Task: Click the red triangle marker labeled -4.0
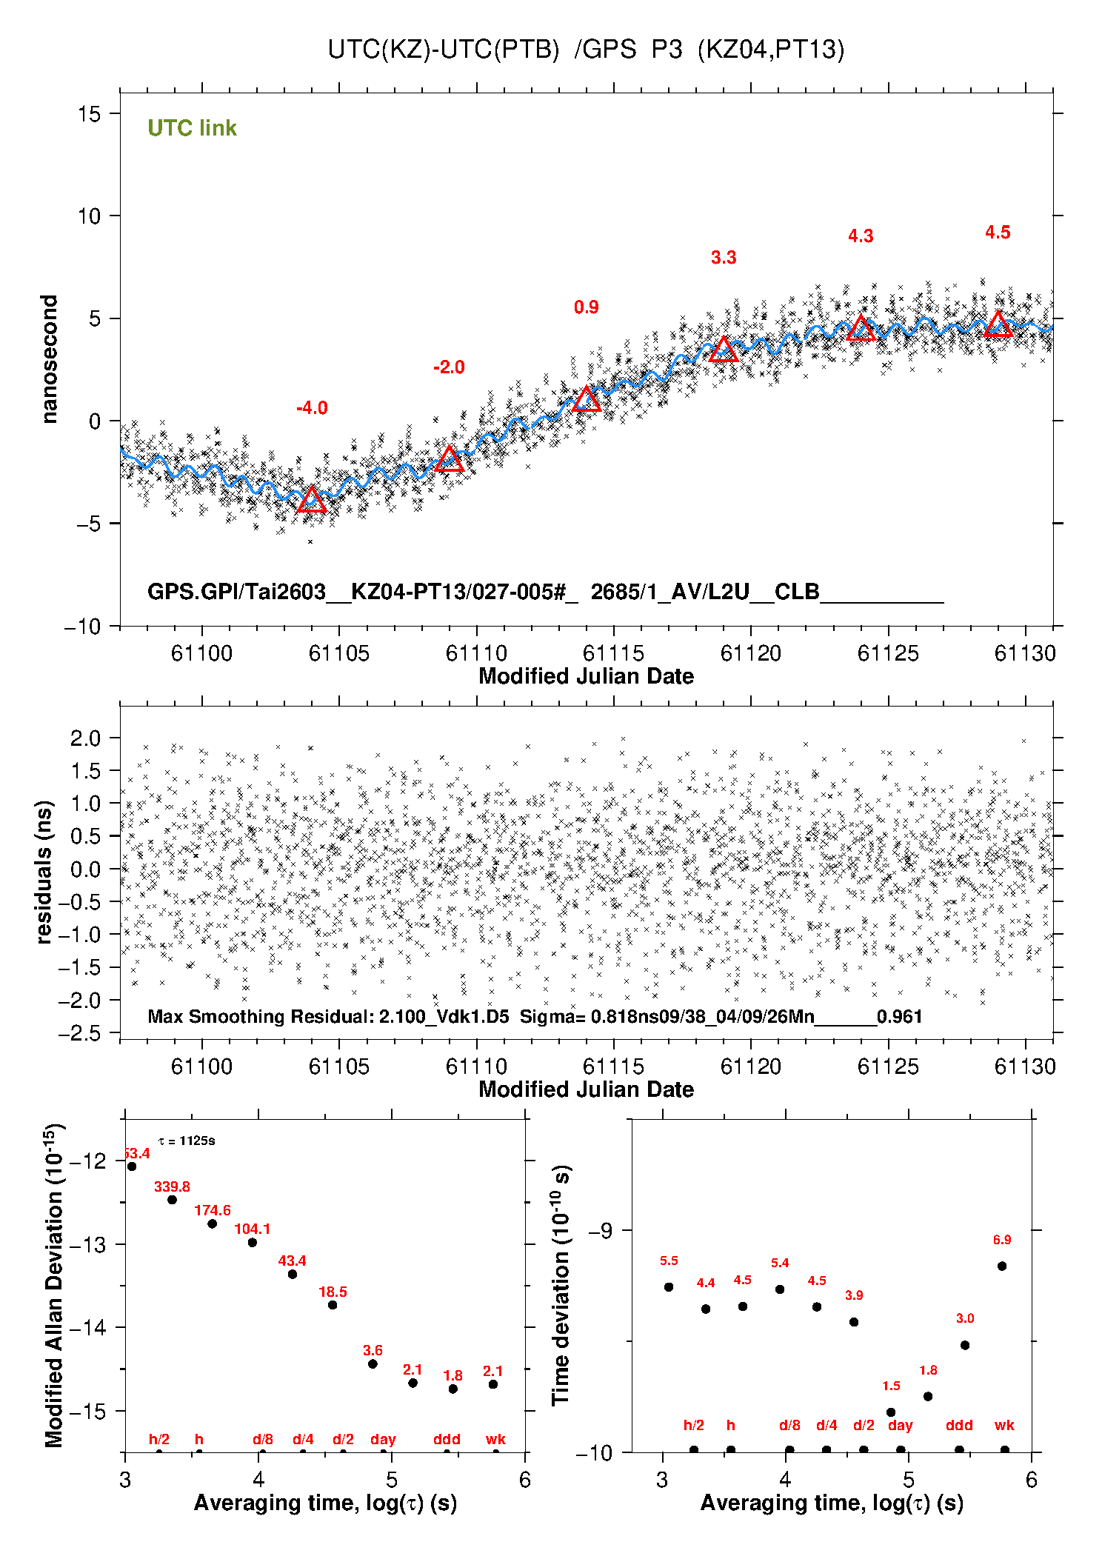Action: pos(312,500)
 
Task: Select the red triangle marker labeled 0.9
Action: pos(587,400)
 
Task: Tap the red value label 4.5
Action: pos(998,233)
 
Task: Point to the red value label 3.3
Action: pos(724,258)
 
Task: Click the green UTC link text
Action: pos(192,128)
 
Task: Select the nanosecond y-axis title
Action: pos(49,359)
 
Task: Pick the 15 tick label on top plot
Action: pos(89,114)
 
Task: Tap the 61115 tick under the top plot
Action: pos(613,653)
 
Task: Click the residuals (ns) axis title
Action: pos(44,872)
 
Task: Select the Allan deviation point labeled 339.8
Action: pos(172,1200)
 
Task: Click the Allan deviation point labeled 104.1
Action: pos(253,1242)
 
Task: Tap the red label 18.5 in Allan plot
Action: pos(333,1292)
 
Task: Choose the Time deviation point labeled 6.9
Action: pos(1002,1266)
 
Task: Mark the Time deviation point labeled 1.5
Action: pos(891,1412)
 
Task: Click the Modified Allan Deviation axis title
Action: pos(53,1285)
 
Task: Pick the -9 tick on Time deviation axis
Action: pos(600,1230)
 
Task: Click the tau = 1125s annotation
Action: pos(187,1141)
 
